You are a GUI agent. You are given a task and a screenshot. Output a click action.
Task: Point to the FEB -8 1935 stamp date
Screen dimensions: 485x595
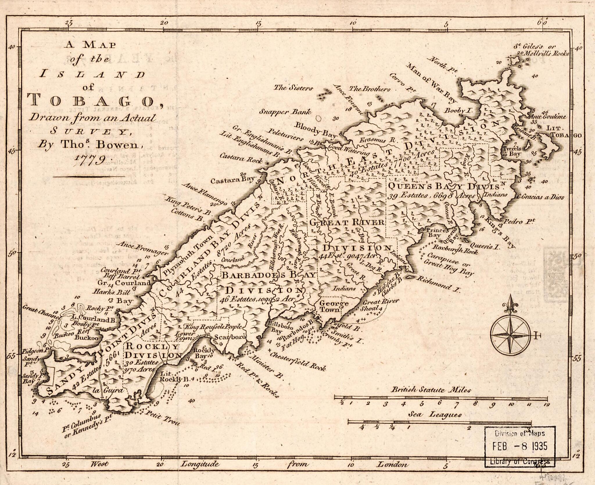(x=520, y=446)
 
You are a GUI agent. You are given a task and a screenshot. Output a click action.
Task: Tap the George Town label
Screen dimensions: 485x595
(x=330, y=306)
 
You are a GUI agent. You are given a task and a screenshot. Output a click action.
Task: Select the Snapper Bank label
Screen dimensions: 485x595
(x=285, y=112)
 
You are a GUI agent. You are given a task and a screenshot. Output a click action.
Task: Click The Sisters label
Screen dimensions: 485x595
(x=294, y=88)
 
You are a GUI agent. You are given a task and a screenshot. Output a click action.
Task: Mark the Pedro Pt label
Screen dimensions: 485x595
(x=520, y=222)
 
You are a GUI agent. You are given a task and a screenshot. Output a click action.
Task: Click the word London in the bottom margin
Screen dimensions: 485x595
(x=392, y=464)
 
